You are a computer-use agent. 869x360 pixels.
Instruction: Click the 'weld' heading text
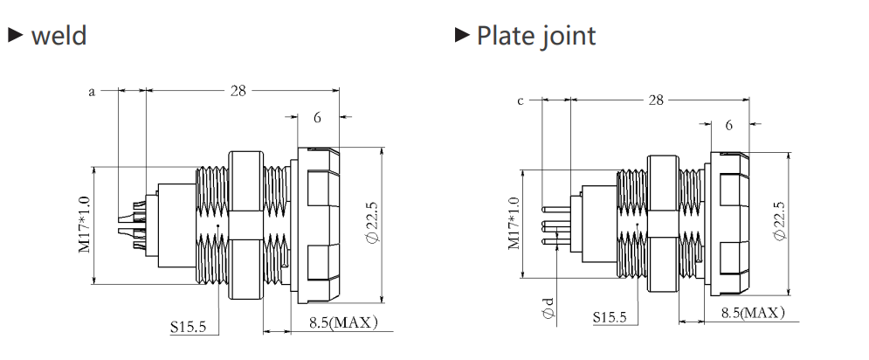[59, 36]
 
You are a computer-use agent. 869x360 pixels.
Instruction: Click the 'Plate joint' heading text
[536, 36]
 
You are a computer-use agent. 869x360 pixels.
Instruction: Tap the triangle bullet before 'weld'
[16, 35]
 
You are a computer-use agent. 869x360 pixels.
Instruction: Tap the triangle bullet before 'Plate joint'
[462, 34]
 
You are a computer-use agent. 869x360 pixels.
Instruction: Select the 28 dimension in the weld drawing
[238, 90]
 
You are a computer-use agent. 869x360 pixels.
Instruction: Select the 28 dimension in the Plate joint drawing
[656, 100]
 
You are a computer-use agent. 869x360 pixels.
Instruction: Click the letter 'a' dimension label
[92, 92]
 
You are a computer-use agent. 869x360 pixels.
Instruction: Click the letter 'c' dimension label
[520, 101]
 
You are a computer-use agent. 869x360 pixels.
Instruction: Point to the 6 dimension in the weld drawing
[318, 117]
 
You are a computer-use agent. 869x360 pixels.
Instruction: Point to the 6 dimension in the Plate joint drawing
[728, 125]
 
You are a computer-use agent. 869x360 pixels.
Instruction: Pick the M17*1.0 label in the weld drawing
[84, 225]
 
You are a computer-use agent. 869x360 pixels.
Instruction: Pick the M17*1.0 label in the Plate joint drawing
[514, 223]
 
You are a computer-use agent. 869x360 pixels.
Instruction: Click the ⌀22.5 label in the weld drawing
[372, 222]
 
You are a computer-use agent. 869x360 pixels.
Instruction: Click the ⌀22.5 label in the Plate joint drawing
[779, 221]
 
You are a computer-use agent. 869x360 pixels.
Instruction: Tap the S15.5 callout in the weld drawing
[188, 328]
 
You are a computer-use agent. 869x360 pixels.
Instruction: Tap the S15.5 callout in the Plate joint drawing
[610, 317]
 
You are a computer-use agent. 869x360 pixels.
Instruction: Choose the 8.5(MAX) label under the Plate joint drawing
[753, 313]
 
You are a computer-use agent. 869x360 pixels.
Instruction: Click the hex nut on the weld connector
[245, 225]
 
